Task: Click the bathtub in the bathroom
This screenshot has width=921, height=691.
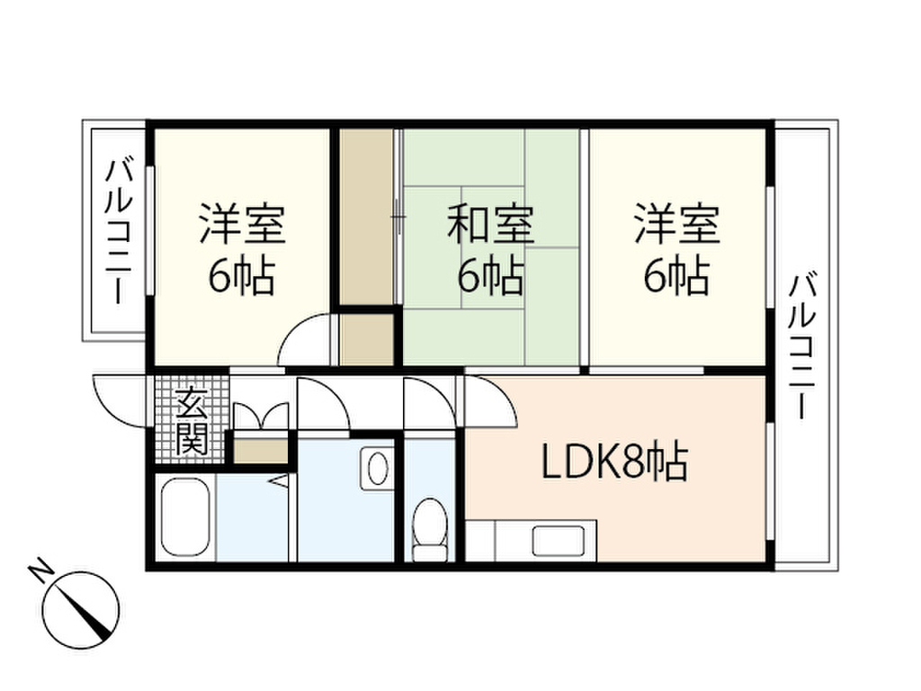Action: (x=185, y=518)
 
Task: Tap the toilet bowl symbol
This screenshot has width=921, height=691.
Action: (x=430, y=531)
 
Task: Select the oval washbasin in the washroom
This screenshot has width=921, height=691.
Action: (x=378, y=468)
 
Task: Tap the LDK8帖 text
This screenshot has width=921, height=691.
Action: (x=613, y=464)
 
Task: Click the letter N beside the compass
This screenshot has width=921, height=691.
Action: (x=39, y=570)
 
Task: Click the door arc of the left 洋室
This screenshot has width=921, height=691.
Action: (x=306, y=342)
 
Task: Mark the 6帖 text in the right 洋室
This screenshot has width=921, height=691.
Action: (x=675, y=278)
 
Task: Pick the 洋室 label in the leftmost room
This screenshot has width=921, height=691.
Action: (x=242, y=225)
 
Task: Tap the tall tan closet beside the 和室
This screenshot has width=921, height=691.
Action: (x=366, y=216)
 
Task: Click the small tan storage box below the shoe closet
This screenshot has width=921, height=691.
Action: (x=261, y=449)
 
